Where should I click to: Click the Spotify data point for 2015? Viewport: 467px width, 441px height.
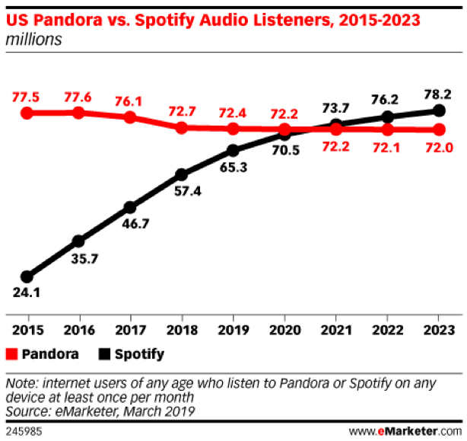(x=27, y=276)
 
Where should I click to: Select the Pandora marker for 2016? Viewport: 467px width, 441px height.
(x=78, y=113)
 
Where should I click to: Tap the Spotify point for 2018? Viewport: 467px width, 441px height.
(x=181, y=174)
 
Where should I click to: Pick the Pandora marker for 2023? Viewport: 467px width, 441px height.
(x=438, y=129)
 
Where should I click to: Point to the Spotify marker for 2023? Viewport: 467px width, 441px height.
(x=438, y=110)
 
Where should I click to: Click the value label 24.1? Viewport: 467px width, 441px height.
(x=27, y=292)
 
